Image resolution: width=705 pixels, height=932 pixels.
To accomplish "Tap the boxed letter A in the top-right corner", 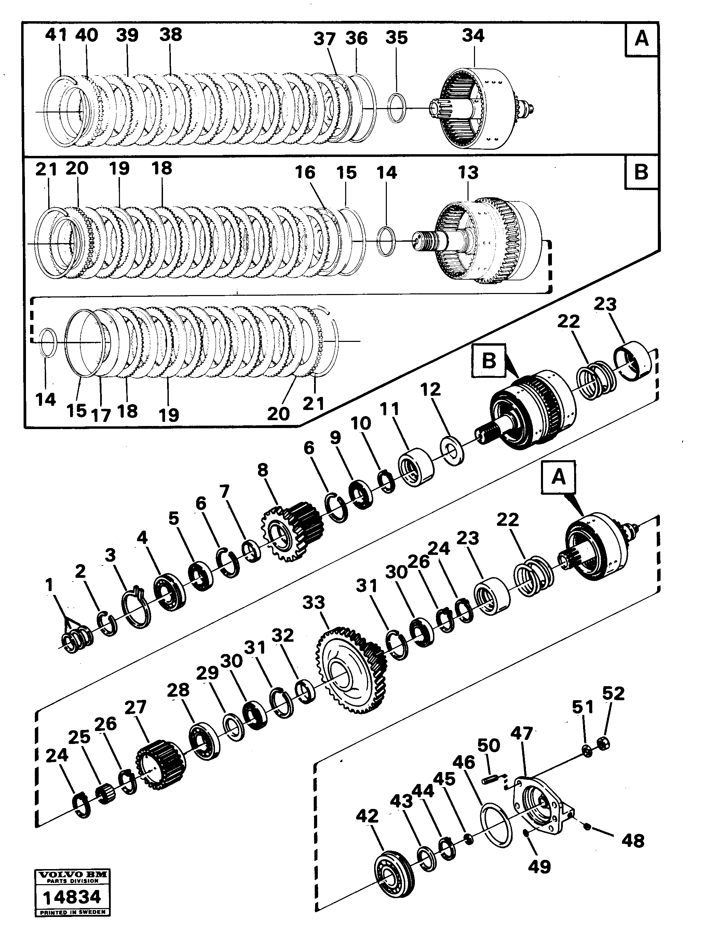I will click(641, 39).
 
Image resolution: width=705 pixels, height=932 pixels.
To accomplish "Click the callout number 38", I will click(171, 34).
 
